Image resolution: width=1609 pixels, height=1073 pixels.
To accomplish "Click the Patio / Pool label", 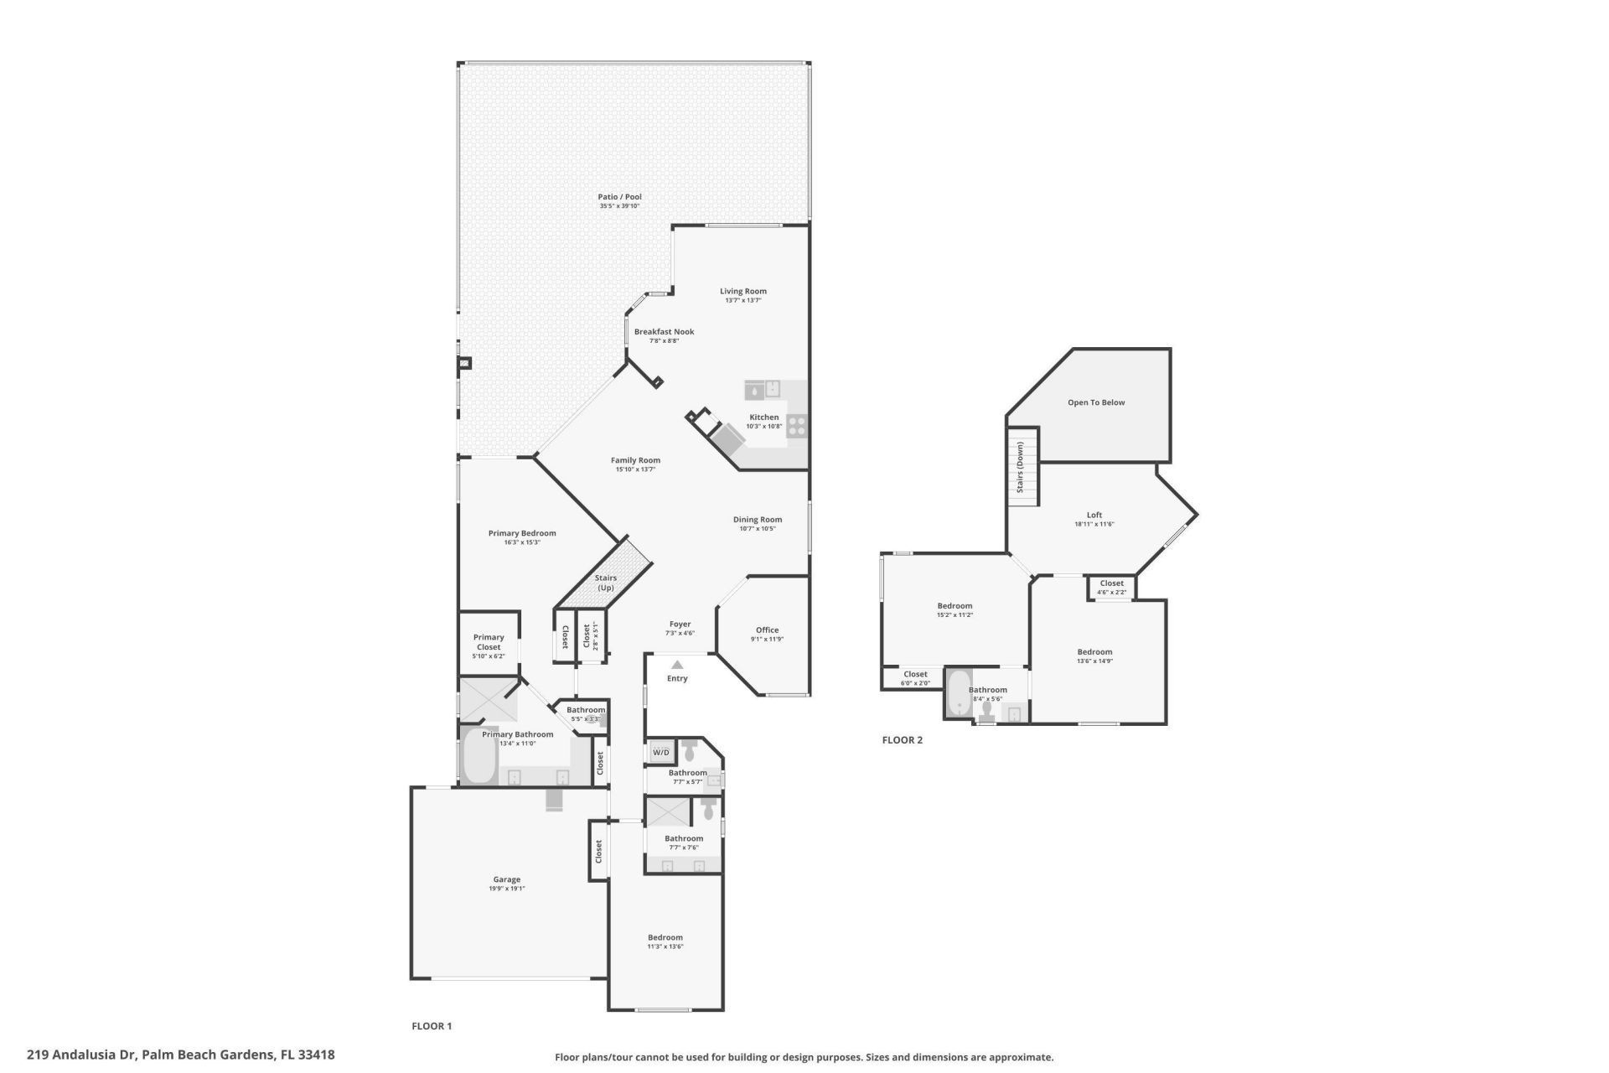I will pyautogui.click(x=619, y=197).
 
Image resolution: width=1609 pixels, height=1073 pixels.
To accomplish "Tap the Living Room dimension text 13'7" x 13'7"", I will pyautogui.click(x=742, y=300).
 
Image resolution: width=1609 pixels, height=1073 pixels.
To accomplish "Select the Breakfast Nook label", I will pyautogui.click(x=664, y=331).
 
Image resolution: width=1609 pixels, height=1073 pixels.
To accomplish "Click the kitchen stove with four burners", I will pyautogui.click(x=796, y=426).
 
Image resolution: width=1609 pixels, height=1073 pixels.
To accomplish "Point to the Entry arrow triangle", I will pyautogui.click(x=677, y=665).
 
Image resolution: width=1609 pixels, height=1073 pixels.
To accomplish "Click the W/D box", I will pyautogui.click(x=661, y=752).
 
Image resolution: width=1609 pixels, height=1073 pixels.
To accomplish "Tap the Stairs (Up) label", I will pyautogui.click(x=605, y=583).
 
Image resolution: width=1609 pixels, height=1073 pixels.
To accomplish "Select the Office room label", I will pyautogui.click(x=767, y=630).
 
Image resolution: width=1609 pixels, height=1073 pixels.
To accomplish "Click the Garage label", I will pyautogui.click(x=506, y=879).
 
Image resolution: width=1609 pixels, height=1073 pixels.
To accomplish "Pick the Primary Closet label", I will pyautogui.click(x=489, y=642).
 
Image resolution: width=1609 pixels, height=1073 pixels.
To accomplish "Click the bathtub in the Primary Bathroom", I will pyautogui.click(x=479, y=756).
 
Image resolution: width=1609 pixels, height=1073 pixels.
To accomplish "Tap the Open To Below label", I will pyautogui.click(x=1095, y=402).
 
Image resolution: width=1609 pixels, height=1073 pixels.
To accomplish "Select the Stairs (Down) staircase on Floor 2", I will pyautogui.click(x=1022, y=467).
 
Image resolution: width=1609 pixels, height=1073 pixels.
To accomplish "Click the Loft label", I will pyautogui.click(x=1094, y=515).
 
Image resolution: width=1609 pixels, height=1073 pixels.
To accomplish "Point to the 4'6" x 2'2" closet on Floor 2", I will pyautogui.click(x=1111, y=588).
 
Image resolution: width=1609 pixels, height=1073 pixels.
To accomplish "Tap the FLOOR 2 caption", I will pyautogui.click(x=902, y=740).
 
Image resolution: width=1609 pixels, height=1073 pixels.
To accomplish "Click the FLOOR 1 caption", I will pyautogui.click(x=432, y=1026).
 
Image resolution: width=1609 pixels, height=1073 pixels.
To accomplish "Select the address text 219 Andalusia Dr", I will pyautogui.click(x=81, y=1055).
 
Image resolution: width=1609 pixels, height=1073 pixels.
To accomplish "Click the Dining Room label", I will pyautogui.click(x=757, y=519).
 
